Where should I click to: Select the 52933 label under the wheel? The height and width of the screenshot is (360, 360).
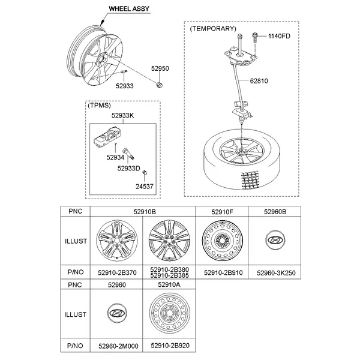pos(124,86)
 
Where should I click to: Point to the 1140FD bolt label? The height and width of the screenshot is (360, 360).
pos(278,37)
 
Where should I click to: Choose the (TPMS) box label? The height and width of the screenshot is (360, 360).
pos(100,105)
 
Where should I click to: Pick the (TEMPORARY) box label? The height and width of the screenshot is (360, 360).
pos(212,28)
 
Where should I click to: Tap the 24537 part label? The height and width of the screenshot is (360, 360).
pos(143,187)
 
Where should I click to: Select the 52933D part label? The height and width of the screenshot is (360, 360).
pos(128,169)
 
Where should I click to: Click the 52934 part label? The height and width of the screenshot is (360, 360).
pos(115,157)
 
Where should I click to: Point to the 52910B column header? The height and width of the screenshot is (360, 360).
pos(144,211)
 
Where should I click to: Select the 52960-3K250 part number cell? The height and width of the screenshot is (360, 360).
pos(276,272)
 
